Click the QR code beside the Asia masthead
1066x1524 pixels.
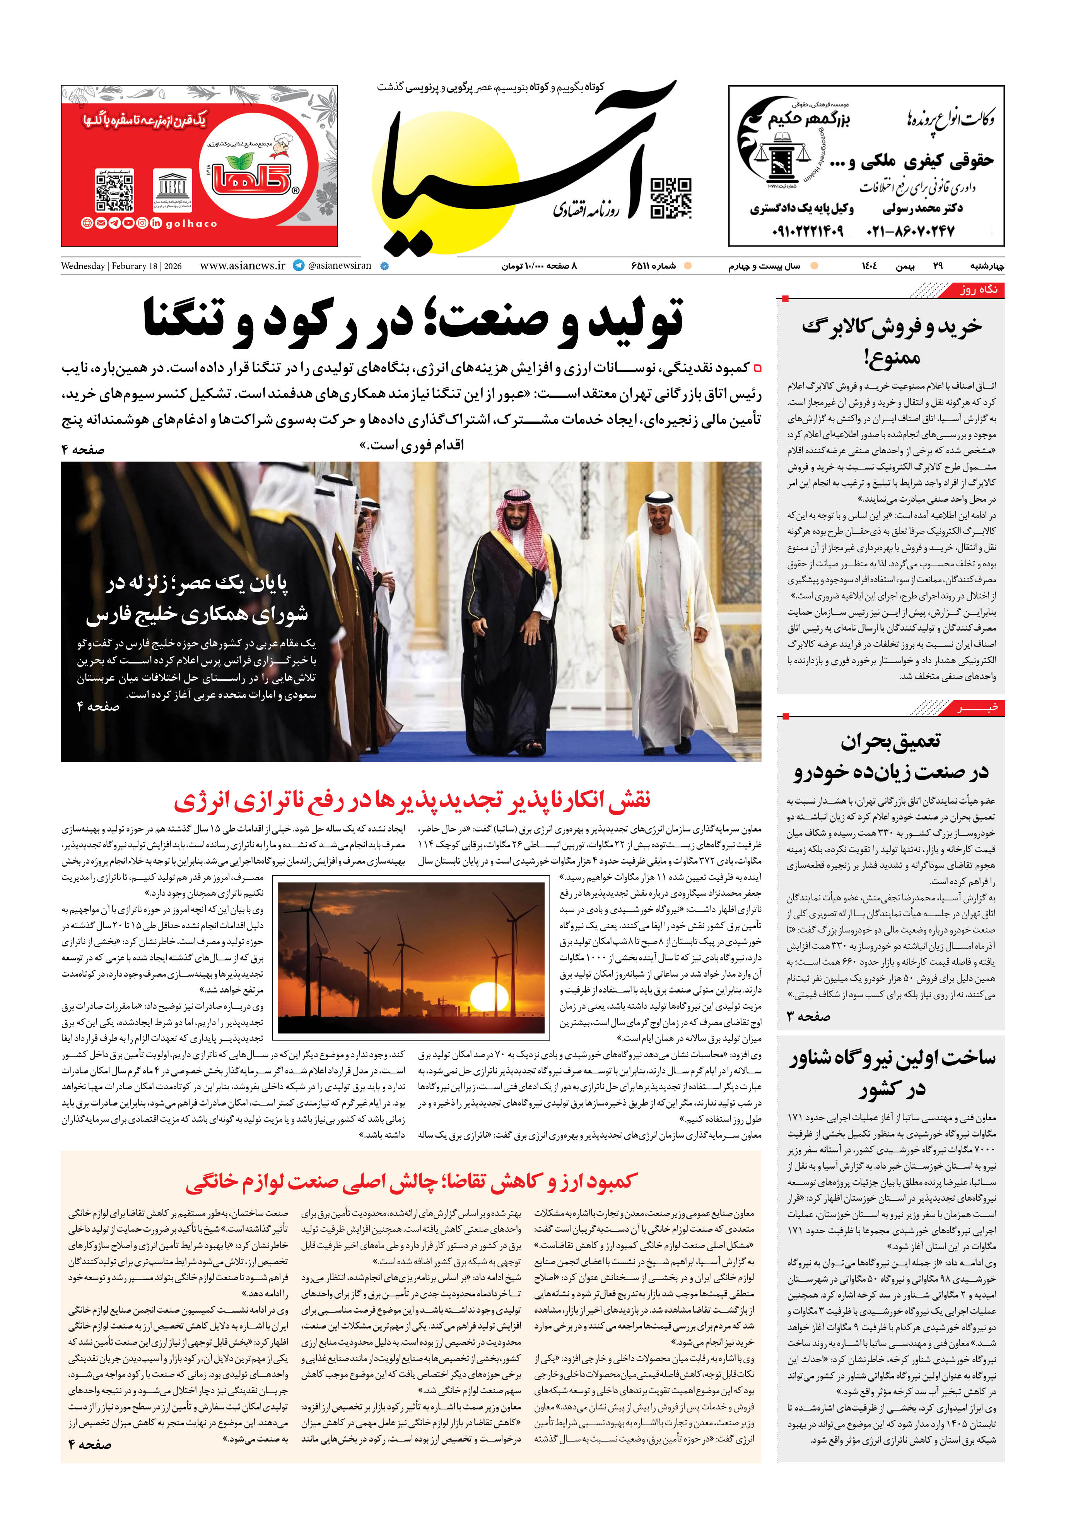pos(671,198)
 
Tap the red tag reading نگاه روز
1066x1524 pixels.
pos(979,290)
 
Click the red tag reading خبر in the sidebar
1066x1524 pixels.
pos(979,709)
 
